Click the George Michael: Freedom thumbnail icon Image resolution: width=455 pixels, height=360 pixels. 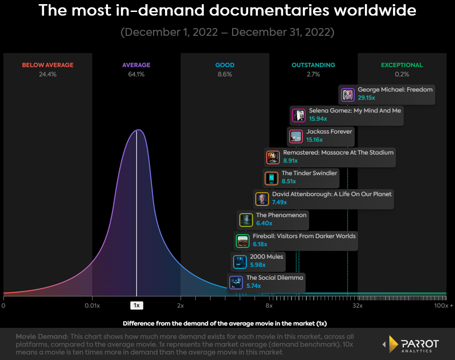(x=347, y=95)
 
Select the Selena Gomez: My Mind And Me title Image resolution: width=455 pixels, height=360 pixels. (x=355, y=111)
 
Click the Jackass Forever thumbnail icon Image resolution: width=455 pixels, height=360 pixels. (x=296, y=136)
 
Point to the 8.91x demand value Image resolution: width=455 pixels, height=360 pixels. (x=290, y=161)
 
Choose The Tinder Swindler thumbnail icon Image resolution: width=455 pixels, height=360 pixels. (x=271, y=178)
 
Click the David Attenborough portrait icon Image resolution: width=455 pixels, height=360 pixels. (x=262, y=199)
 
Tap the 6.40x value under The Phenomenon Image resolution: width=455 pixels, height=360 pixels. (x=264, y=223)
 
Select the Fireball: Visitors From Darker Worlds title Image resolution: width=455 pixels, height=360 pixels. (x=304, y=236)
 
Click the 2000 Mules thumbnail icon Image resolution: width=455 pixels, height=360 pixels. (x=240, y=262)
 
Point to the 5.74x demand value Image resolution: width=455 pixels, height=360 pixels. (x=253, y=286)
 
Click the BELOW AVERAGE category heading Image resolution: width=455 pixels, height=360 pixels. (x=48, y=65)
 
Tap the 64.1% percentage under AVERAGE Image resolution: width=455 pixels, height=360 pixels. (x=136, y=74)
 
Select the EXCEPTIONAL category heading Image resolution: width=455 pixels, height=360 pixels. (x=402, y=65)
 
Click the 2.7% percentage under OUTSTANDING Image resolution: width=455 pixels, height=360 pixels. (x=313, y=74)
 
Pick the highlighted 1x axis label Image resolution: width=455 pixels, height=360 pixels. (x=136, y=305)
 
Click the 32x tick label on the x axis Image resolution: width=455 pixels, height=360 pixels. (x=358, y=305)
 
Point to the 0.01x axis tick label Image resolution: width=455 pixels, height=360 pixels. (x=92, y=305)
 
